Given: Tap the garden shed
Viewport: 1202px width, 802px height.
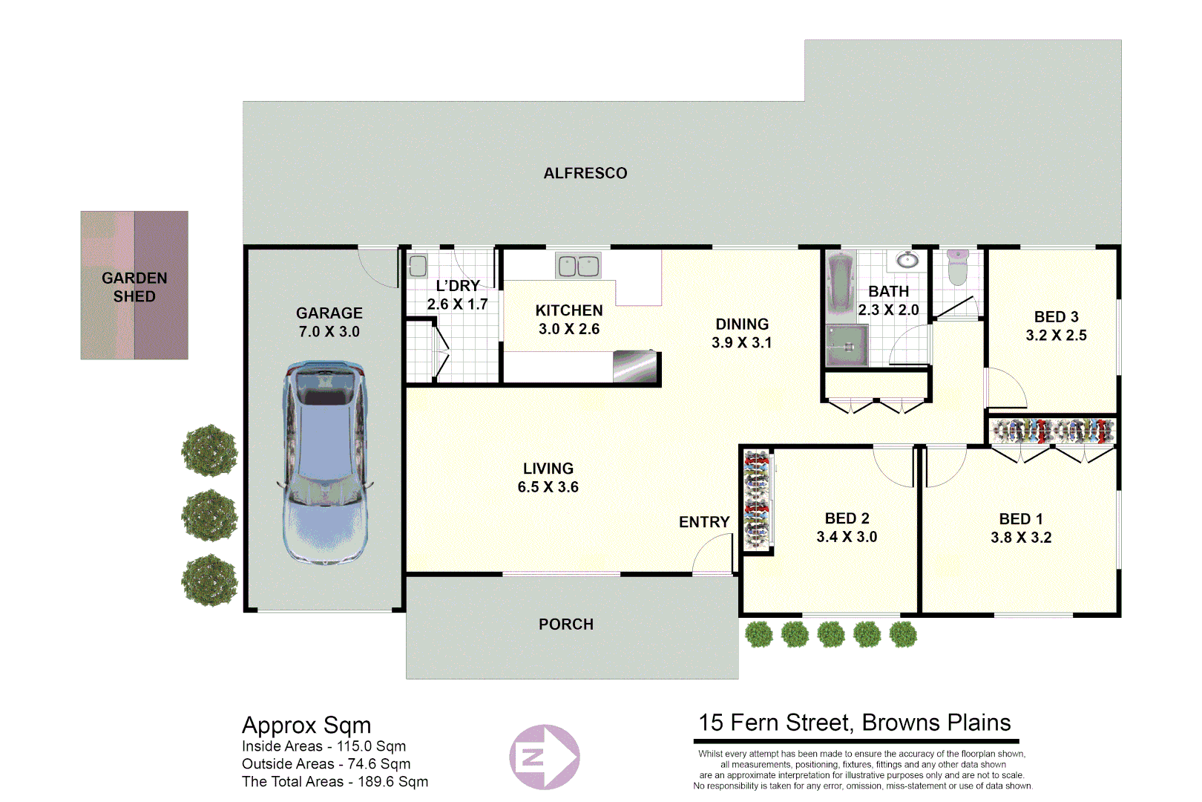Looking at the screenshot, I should click(x=134, y=286).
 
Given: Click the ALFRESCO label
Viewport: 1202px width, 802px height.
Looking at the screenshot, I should click(x=585, y=173).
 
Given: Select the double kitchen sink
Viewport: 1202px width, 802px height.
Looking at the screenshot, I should click(x=578, y=266).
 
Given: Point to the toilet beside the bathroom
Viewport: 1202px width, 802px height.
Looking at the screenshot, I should click(x=958, y=269).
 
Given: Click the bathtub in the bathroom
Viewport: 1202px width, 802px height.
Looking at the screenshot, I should click(x=841, y=283).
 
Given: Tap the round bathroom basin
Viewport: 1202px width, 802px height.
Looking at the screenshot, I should click(x=907, y=260).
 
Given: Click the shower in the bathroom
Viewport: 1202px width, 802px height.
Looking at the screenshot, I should click(x=847, y=346).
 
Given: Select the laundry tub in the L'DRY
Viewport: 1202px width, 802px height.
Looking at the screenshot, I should click(x=418, y=266).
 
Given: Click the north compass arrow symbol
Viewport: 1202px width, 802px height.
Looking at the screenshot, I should click(x=545, y=757).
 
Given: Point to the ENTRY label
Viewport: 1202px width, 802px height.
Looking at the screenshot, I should click(x=704, y=522).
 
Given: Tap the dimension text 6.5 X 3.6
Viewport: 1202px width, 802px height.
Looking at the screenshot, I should click(x=548, y=487).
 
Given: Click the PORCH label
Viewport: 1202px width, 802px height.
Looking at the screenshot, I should click(x=566, y=625).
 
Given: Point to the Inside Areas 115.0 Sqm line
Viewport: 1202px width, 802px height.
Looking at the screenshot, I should click(x=324, y=746).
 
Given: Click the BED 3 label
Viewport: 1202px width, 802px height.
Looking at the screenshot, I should click(x=1056, y=317).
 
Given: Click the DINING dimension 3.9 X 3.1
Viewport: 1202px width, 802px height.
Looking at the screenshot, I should click(x=741, y=343).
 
